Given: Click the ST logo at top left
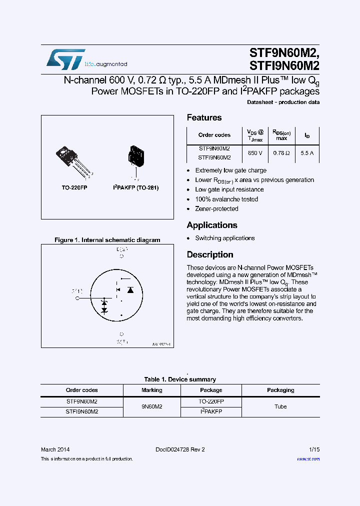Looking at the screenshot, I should (65, 59).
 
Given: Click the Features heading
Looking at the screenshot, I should (204, 117).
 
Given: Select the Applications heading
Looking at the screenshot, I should (212, 225).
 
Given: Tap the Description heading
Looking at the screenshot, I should (210, 254).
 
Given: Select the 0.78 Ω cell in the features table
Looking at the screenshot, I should (282, 153).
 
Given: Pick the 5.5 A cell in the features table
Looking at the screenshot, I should (306, 153).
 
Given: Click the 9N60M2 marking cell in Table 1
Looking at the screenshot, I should (152, 406).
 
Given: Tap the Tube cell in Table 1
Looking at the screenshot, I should (280, 406).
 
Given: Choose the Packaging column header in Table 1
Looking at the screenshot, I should (280, 390).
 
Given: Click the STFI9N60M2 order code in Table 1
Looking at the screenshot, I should (82, 411).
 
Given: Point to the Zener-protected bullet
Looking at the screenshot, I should (216, 208).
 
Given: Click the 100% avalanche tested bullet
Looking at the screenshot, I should (226, 199).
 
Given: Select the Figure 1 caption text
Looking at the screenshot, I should (107, 240).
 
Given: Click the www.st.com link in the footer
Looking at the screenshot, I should (308, 458).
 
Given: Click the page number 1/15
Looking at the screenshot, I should (314, 449).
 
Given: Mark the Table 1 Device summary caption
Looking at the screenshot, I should (180, 379).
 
